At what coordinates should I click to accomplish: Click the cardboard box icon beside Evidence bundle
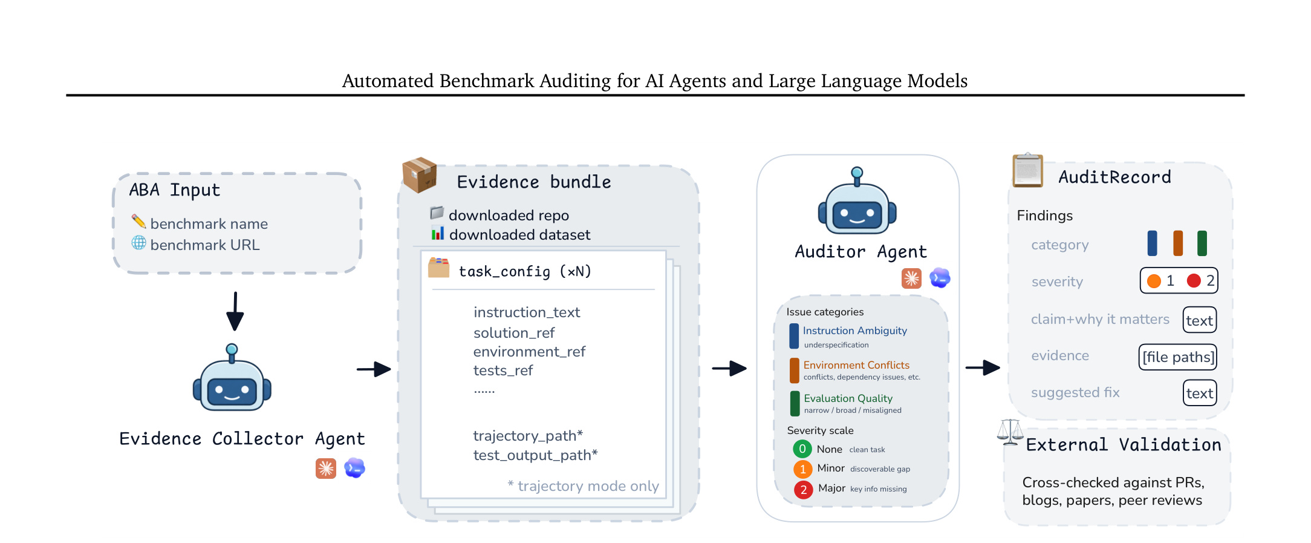click(420, 175)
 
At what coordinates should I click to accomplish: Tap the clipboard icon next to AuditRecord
click(1028, 171)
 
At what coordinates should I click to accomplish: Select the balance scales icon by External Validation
click(1010, 432)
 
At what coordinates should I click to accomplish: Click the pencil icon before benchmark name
click(138, 222)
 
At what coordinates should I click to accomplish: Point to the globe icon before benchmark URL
click(138, 243)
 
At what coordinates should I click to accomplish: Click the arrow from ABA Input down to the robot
click(235, 311)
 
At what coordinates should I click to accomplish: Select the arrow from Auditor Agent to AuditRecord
click(983, 367)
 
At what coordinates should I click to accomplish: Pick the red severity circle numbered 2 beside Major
click(803, 490)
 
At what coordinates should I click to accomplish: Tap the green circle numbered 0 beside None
click(802, 449)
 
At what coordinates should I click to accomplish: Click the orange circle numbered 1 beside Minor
click(802, 469)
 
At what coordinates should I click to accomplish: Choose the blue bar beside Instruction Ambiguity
click(794, 336)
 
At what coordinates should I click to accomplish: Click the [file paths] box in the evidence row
click(1178, 357)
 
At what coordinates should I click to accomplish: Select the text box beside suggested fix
click(1200, 393)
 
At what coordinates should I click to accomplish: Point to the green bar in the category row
click(1202, 243)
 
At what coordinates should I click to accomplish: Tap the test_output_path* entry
click(535, 455)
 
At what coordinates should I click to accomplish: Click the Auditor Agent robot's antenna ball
click(857, 173)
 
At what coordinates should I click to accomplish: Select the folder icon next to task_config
click(439, 268)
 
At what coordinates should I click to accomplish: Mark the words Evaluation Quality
click(848, 398)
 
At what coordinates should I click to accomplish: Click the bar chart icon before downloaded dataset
click(438, 233)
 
